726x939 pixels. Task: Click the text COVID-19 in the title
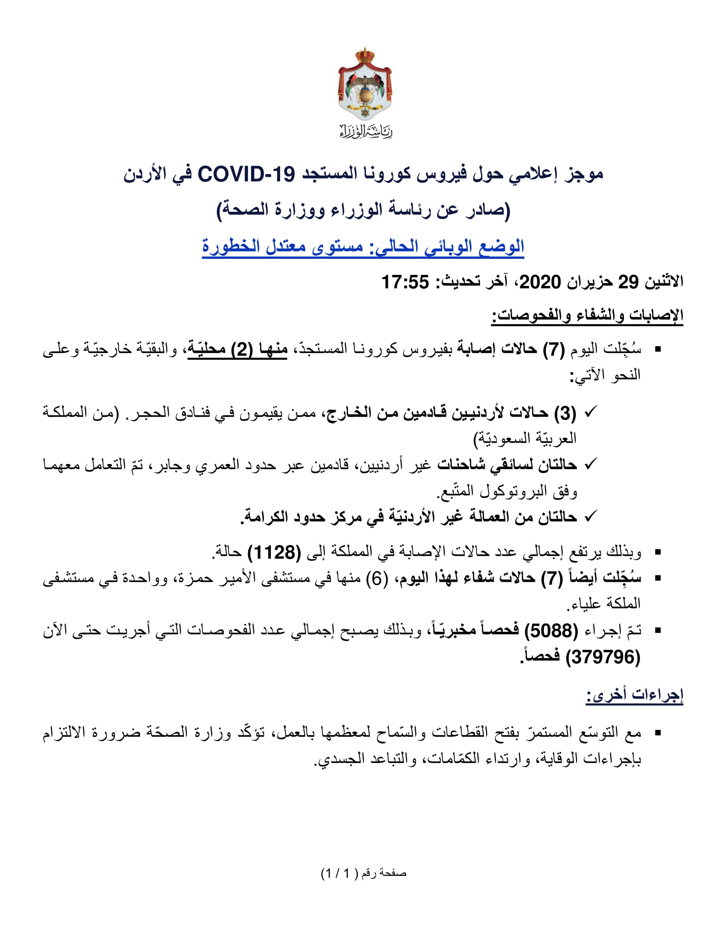[246, 175]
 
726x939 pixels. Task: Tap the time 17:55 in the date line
[405, 283]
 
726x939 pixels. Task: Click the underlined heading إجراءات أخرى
[634, 695]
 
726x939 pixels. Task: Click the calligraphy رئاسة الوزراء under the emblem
[366, 131]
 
